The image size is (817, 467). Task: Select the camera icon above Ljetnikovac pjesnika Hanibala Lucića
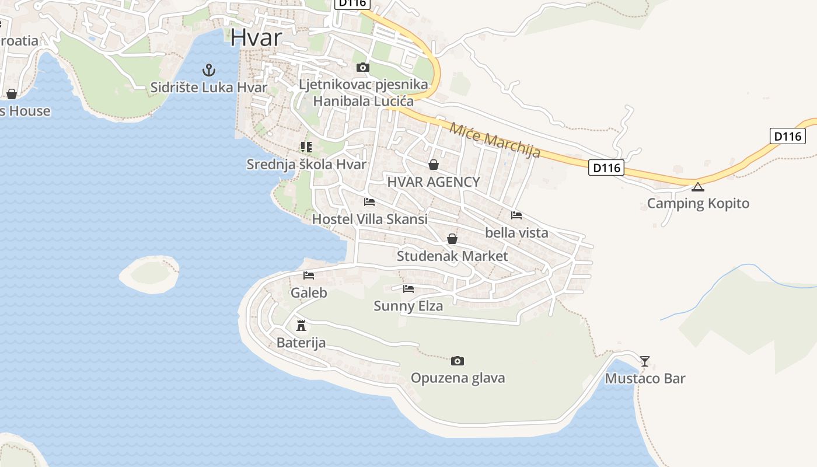(362, 67)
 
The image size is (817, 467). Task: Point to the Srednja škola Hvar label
(306, 164)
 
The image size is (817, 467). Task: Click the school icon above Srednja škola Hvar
(306, 147)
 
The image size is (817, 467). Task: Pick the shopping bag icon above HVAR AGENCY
(433, 165)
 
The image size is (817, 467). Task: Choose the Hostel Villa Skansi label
(369, 219)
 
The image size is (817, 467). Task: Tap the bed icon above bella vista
(516, 215)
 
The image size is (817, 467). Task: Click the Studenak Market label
(452, 256)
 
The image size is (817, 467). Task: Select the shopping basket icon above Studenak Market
(452, 239)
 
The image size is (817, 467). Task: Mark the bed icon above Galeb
(309, 276)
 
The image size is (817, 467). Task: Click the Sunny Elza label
(408, 306)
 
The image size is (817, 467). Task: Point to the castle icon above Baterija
(301, 325)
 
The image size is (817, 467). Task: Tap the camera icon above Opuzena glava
(458, 361)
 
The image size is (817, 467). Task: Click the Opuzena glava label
(458, 378)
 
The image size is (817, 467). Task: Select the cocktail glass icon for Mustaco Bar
(644, 361)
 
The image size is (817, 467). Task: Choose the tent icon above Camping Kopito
(697, 187)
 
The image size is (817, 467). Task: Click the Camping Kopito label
(698, 204)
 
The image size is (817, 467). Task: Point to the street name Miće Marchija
(495, 139)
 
